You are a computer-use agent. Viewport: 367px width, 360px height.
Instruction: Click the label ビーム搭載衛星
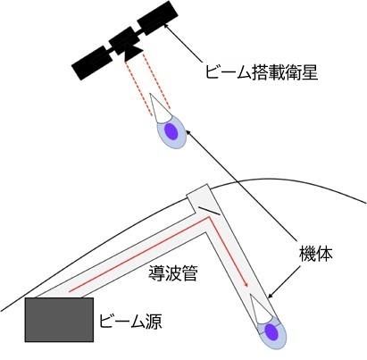[x=262, y=71]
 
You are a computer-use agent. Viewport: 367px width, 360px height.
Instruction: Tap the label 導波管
[x=173, y=273]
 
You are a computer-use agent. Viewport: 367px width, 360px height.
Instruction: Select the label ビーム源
[x=130, y=321]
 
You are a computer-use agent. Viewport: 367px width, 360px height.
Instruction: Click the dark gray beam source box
[x=59, y=320]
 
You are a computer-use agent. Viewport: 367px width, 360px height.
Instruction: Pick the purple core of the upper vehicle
[x=171, y=131]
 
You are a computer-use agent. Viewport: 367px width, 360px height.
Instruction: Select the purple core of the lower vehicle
[x=271, y=332]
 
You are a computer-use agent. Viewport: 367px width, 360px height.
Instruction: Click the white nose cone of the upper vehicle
[x=159, y=109]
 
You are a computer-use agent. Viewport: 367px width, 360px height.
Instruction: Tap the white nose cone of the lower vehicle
[x=261, y=309]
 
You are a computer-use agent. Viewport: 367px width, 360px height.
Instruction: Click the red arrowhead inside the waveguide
[x=246, y=284]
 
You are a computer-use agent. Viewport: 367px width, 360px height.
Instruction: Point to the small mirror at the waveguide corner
[x=210, y=210]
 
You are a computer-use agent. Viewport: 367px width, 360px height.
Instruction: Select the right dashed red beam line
[x=157, y=80]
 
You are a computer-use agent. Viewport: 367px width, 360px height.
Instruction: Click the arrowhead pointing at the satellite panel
[x=167, y=27]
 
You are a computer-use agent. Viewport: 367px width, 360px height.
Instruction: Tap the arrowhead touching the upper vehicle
[x=188, y=133]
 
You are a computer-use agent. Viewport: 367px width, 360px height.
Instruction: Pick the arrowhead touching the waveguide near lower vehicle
[x=271, y=296]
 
